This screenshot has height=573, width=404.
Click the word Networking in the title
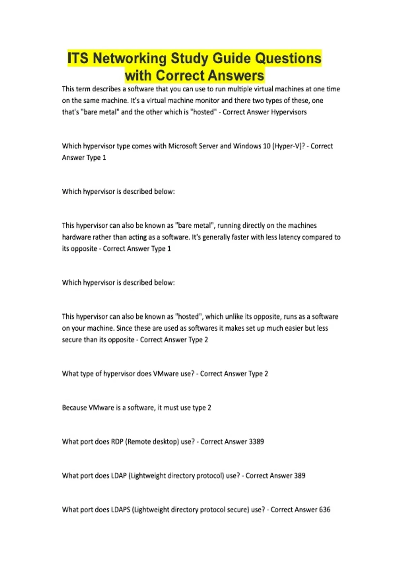click(x=129, y=58)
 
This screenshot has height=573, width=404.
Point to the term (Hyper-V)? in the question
click(x=291, y=146)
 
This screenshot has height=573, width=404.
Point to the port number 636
click(x=325, y=510)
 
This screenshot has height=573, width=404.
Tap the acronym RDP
click(x=117, y=442)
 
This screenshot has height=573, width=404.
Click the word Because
click(x=74, y=408)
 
